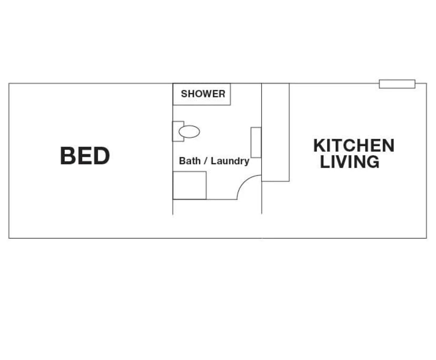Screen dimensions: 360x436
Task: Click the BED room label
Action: [85, 156]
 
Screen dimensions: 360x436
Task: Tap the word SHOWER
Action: [203, 94]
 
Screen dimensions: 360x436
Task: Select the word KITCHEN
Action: [353, 145]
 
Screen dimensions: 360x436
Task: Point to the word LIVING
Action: [350, 162]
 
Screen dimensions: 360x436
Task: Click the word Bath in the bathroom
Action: [190, 161]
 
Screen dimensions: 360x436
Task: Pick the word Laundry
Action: [230, 161]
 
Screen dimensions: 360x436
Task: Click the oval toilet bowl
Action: [190, 132]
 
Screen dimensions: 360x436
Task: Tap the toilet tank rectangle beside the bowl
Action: [177, 131]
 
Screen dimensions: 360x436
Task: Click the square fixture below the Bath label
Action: [190, 185]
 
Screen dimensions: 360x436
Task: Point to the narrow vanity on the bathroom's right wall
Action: [256, 142]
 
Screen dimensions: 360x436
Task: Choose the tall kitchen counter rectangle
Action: [275, 133]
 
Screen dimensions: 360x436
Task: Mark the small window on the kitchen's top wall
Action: [397, 84]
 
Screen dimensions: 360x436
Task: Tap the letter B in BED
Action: [68, 156]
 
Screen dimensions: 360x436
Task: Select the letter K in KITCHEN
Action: [320, 145]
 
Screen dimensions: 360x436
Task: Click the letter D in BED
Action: [101, 156]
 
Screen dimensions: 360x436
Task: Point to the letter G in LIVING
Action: [372, 162]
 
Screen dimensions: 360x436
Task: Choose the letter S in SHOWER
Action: [184, 94]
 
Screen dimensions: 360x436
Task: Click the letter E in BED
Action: [85, 156]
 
